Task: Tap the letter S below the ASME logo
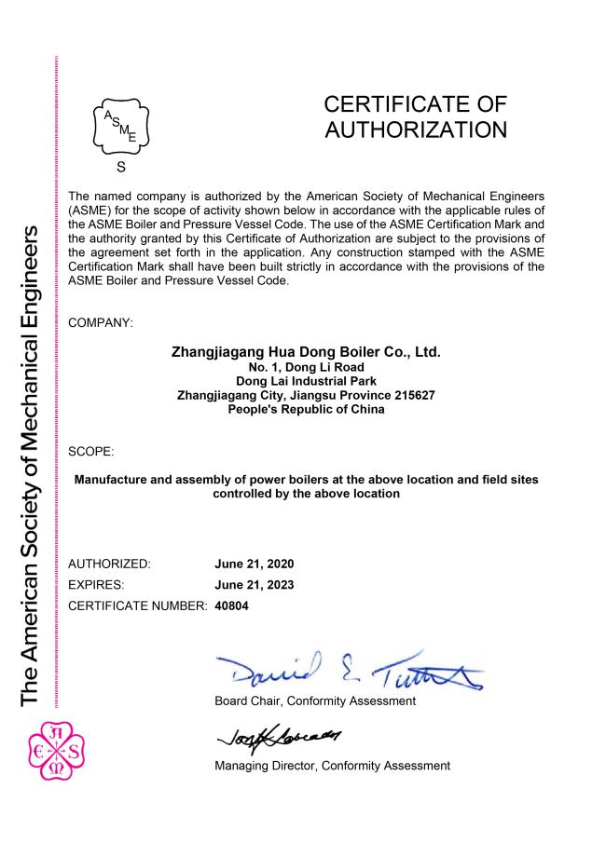pos(120,169)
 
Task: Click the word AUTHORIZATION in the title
pos(416,129)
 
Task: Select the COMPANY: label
pos(101,323)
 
